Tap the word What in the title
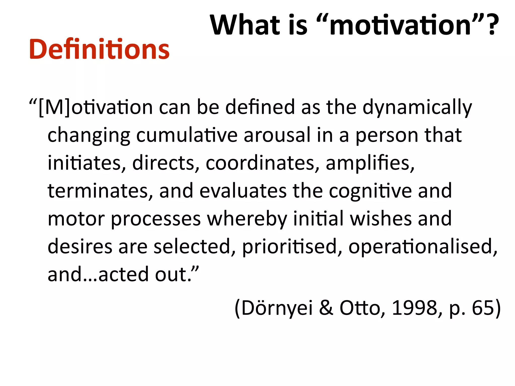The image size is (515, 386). (245, 25)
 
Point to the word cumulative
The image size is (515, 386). (187, 135)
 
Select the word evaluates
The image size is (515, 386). (243, 191)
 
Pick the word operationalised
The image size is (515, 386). (423, 247)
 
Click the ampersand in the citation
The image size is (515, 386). (326, 308)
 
